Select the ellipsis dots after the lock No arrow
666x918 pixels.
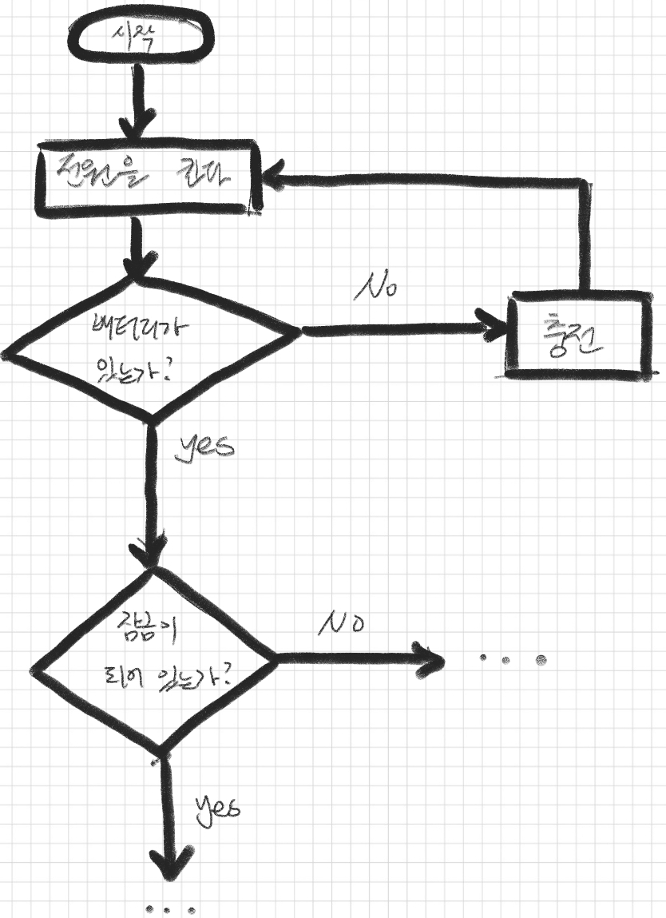coord(512,659)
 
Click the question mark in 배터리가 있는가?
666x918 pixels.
coord(188,372)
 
